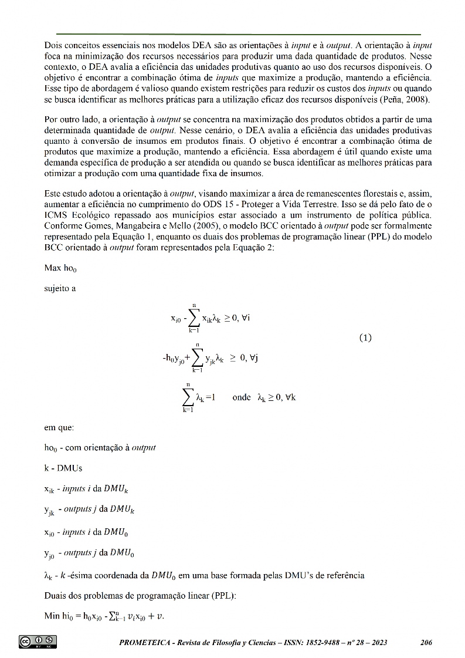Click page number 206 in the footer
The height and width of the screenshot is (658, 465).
point(426,643)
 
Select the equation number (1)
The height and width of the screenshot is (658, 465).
point(365,338)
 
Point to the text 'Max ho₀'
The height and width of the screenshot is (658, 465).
point(60,268)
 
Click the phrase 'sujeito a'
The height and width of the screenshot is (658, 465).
point(60,288)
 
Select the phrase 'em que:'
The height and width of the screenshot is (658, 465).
point(59,428)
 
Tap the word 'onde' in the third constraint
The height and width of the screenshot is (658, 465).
point(242,397)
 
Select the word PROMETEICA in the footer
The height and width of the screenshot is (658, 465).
point(145,643)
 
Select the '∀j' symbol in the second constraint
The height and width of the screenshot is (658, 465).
point(253,358)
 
